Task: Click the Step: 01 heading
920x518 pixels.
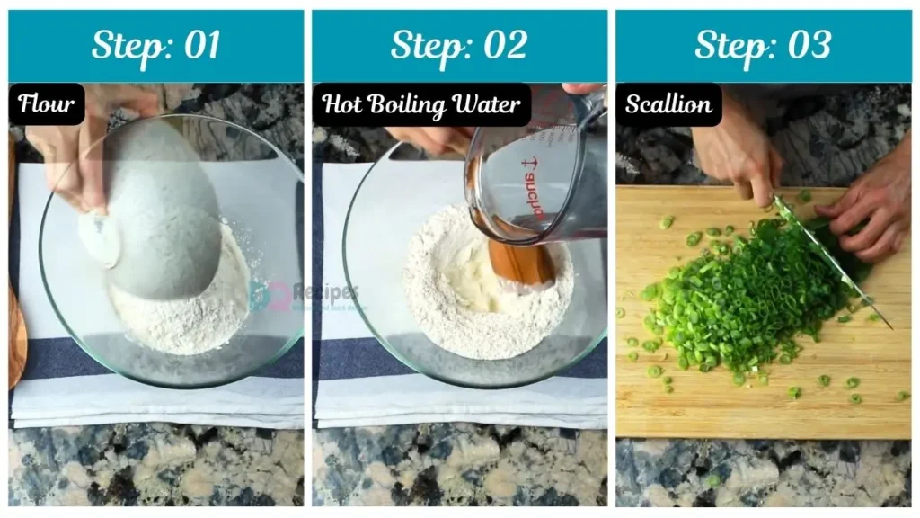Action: [155, 46]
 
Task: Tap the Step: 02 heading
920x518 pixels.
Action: [459, 46]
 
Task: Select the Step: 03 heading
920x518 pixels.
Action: [763, 46]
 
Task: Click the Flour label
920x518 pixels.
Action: [47, 104]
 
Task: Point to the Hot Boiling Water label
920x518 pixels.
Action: [421, 104]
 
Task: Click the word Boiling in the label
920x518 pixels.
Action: [420, 105]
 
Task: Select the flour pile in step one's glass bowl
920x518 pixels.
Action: [184, 306]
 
